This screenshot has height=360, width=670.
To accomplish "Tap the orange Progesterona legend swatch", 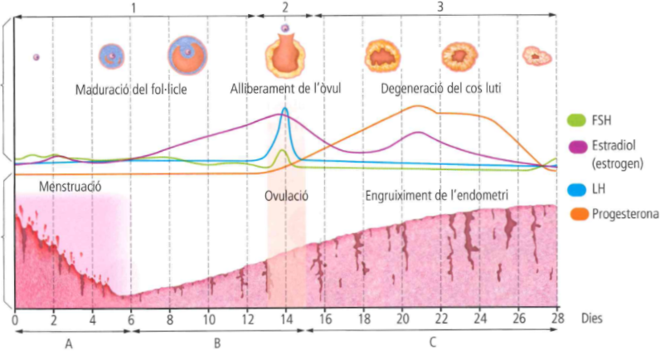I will pyautogui.click(x=576, y=215).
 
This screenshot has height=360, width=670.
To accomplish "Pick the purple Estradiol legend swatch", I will pyautogui.click(x=576, y=146).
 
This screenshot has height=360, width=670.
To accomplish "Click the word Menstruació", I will pyautogui.click(x=70, y=187).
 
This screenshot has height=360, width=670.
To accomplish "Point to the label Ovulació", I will pyautogui.click(x=286, y=197).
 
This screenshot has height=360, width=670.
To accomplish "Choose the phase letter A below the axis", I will pyautogui.click(x=69, y=344).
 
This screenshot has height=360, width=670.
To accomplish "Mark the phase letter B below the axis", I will pyautogui.click(x=216, y=344).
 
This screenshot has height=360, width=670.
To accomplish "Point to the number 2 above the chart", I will pyautogui.click(x=285, y=7).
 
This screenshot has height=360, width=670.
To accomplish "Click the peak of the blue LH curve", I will pyautogui.click(x=285, y=109).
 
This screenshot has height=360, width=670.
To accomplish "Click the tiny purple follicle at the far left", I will pyautogui.click(x=36, y=57).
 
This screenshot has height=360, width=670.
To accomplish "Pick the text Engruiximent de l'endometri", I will pyautogui.click(x=437, y=196).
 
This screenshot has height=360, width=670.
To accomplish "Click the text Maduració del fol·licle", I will pyautogui.click(x=130, y=89).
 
